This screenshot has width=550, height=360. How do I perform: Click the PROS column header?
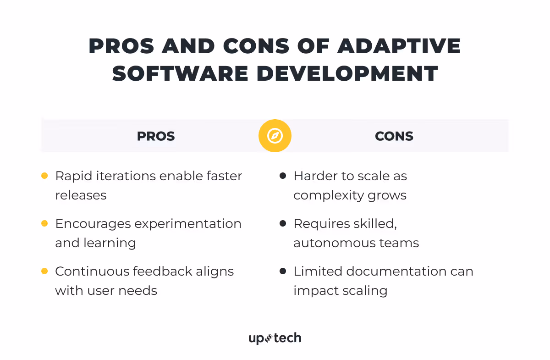point(156,136)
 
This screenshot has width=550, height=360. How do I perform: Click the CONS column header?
point(394,136)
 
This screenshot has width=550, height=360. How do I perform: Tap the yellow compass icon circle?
point(275,136)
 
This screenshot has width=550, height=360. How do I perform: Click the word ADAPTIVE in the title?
point(400,47)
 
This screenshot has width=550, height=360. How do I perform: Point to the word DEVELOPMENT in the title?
point(353,73)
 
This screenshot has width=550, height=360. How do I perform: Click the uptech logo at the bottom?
point(275,338)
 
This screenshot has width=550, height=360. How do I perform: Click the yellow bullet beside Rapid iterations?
point(44,176)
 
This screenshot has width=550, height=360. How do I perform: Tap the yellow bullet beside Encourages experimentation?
point(44,223)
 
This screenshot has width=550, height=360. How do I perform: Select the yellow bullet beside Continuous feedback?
point(44,271)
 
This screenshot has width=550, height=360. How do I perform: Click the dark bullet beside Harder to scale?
point(283,176)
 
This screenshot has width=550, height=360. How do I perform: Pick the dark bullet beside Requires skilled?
point(283,223)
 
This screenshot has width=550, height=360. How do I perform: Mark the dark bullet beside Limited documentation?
point(283,271)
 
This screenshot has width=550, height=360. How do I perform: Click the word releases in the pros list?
point(81,195)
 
